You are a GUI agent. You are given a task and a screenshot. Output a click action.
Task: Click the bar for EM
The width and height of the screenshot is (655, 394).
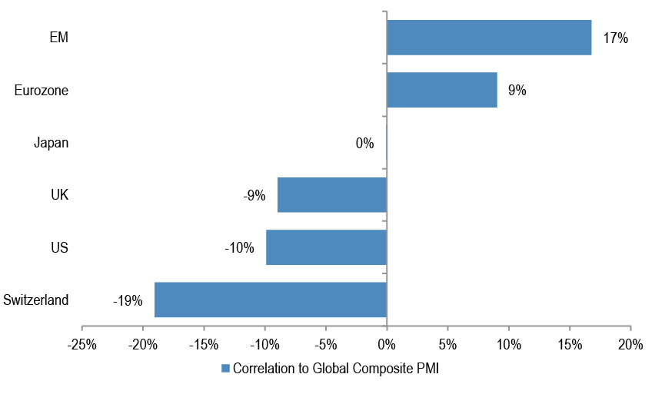[489, 38]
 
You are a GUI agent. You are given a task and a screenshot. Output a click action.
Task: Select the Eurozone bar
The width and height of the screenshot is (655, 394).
[442, 90]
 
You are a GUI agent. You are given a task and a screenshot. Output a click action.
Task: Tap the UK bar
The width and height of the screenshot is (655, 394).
[332, 195]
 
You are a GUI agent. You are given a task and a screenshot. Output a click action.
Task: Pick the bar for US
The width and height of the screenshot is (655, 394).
[326, 247]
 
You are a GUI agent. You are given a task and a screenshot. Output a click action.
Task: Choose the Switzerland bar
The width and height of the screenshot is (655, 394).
[271, 300]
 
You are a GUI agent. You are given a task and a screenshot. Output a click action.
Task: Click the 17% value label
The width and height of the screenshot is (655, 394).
[616, 38]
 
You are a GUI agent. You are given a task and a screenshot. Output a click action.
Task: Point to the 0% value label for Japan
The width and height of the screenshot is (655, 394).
[364, 143]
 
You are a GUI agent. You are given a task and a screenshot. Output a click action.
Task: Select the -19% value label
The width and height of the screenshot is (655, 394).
[128, 300]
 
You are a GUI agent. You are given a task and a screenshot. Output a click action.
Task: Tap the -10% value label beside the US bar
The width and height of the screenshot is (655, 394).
[239, 248]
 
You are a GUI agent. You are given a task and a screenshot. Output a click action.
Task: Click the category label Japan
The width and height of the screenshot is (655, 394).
[52, 143]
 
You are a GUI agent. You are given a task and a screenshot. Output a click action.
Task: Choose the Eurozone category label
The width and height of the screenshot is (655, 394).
[42, 91]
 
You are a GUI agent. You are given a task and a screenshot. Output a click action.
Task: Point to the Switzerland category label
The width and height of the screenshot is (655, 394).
[36, 300]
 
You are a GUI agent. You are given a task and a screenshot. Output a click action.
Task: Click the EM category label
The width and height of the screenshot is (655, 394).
[59, 38]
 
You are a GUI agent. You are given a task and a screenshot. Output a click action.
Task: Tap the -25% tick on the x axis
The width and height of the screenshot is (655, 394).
[82, 343]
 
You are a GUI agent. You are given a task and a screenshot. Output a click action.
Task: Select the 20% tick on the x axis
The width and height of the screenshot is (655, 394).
[630, 343]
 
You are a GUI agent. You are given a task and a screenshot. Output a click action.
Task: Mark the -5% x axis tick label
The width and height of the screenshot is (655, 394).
[326, 343]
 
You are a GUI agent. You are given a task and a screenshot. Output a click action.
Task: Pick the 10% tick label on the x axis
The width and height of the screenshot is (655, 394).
[508, 343]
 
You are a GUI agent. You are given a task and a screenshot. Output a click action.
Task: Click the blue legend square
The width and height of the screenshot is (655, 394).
[225, 368]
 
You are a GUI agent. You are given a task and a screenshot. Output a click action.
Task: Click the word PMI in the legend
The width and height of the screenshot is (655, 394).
[425, 368]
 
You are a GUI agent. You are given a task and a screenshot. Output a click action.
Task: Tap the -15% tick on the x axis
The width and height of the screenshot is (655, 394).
[204, 343]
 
